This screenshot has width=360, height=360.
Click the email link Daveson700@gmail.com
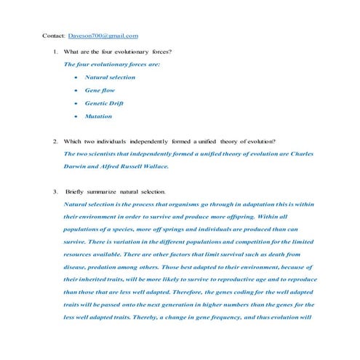click(103, 35)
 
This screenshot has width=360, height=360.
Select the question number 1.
click(55, 52)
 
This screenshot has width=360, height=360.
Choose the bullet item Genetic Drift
click(103, 103)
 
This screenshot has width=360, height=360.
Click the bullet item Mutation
click(98, 116)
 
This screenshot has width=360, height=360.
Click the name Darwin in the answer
click(76, 166)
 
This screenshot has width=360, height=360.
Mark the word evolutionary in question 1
click(129, 52)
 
